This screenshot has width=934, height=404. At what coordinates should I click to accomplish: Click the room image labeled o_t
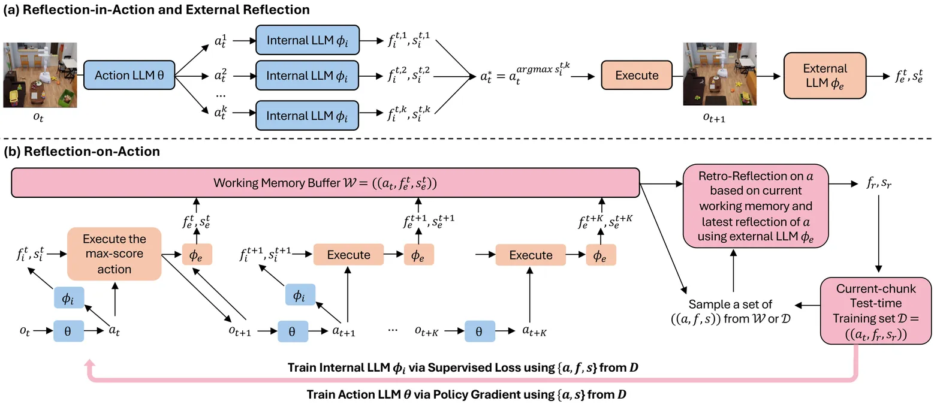point(40,75)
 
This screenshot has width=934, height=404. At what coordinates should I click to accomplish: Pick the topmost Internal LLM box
point(308,41)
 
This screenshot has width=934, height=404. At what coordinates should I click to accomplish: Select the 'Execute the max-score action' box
point(115,254)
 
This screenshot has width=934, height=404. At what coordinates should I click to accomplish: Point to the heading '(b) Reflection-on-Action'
point(82,152)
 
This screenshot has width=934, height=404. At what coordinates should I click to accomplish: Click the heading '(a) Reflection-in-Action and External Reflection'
point(156,10)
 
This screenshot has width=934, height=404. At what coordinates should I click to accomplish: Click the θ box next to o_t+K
point(479,331)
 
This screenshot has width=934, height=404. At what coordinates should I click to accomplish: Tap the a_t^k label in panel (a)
point(219,110)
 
